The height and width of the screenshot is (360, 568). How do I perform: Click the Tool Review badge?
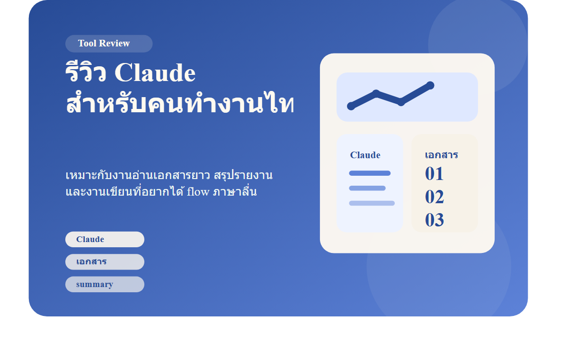point(109,44)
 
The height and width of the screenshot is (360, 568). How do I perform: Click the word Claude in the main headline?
point(155,73)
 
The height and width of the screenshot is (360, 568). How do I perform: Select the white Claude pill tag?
point(105,239)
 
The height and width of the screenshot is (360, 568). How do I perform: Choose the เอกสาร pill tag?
point(105,261)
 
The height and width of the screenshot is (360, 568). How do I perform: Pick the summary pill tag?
point(105,284)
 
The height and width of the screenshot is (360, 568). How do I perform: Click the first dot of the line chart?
point(351,106)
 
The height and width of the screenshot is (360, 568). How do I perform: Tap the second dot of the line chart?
point(376,94)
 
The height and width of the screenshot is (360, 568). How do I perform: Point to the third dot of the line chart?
point(401,102)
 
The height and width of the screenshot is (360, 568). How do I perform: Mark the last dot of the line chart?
point(430,86)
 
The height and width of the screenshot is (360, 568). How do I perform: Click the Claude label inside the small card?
point(365,155)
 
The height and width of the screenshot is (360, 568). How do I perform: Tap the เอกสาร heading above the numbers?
point(441,155)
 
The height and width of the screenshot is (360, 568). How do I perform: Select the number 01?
point(434,174)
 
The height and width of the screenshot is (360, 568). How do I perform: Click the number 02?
point(434,197)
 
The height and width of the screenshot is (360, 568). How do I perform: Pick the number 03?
point(434,220)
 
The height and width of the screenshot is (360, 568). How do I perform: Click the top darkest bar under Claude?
point(370,173)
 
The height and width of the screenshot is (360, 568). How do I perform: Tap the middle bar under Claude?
point(367,188)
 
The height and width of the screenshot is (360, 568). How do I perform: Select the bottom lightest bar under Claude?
point(372,203)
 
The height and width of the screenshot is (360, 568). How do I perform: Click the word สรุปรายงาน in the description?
point(243,175)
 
